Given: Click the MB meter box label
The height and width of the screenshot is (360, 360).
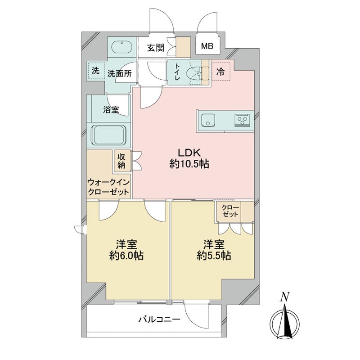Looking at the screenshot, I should [207, 46].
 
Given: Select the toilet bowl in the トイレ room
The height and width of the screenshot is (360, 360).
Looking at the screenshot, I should [196, 73].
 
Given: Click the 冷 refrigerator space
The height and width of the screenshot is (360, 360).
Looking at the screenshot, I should [220, 71].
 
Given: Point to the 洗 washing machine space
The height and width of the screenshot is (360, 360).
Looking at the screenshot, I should [95, 71].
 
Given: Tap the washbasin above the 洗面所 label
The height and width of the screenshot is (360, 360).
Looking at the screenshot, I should [121, 47].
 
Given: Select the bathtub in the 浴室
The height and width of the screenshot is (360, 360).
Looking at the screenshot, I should [109, 134].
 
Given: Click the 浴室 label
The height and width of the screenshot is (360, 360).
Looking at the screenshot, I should [111, 109].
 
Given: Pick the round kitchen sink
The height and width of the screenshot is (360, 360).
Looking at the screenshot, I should [207, 120].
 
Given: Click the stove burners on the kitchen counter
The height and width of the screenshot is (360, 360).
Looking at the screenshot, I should [243, 120].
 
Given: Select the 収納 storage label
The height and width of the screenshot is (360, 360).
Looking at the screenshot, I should [121, 161].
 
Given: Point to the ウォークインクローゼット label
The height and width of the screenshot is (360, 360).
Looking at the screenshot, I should [108, 187].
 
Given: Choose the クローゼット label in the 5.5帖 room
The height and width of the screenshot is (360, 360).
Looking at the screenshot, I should [230, 211].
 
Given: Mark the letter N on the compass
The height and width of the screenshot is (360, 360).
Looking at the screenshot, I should [284, 296].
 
